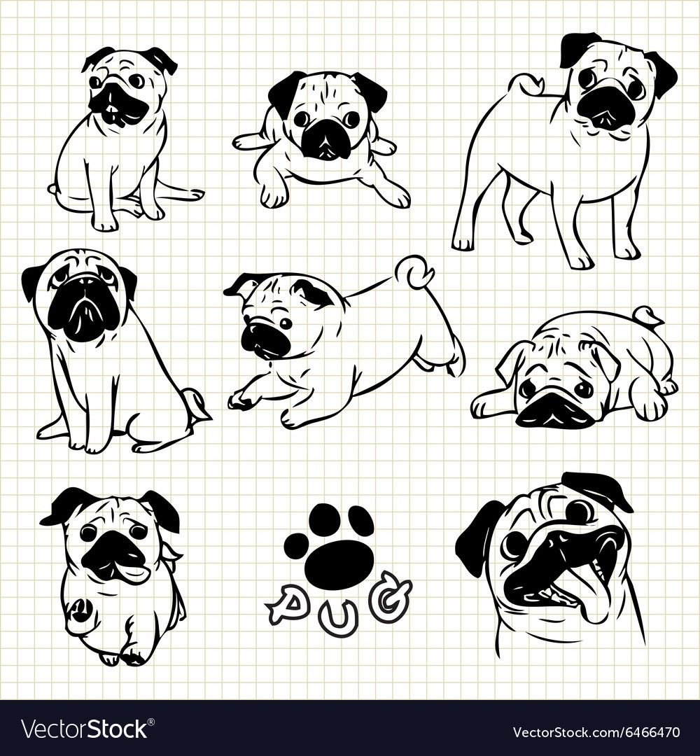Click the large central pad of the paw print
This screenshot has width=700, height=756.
click(339, 564)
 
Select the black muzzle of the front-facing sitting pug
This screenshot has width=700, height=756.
click(83, 311)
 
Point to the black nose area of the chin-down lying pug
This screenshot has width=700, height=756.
click(554, 409)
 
